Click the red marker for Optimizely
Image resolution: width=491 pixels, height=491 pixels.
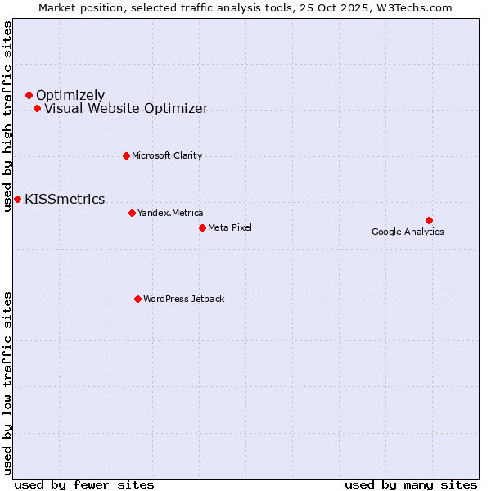coord(29,96)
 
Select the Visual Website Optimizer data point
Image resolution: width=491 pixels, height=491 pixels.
coord(37,109)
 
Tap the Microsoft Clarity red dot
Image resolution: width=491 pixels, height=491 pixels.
coord(126,155)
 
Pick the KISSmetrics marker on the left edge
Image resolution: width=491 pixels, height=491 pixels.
coord(17,199)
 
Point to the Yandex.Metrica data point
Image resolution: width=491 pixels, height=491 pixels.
coord(132,213)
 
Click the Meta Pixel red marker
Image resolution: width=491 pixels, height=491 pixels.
coord(202,227)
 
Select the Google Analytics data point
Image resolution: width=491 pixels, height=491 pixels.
coord(429,220)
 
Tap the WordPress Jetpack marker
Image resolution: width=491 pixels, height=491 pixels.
coord(137,299)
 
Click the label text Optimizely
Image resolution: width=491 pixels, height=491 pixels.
coord(70,96)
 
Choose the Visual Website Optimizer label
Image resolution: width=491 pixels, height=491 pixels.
coord(126,109)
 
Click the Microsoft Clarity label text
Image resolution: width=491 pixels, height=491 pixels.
coord(167,155)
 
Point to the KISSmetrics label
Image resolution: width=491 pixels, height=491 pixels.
coord(65,199)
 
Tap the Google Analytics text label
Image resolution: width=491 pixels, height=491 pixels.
coord(408,232)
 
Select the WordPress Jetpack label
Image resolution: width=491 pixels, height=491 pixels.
coord(183,299)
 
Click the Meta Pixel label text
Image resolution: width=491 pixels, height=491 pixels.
coord(230,227)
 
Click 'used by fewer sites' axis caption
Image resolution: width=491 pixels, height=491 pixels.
coord(84,484)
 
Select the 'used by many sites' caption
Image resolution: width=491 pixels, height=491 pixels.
coord(411,484)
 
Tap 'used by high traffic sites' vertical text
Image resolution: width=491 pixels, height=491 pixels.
coord(8,116)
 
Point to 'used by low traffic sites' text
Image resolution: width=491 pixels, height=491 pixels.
coord(8,383)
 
